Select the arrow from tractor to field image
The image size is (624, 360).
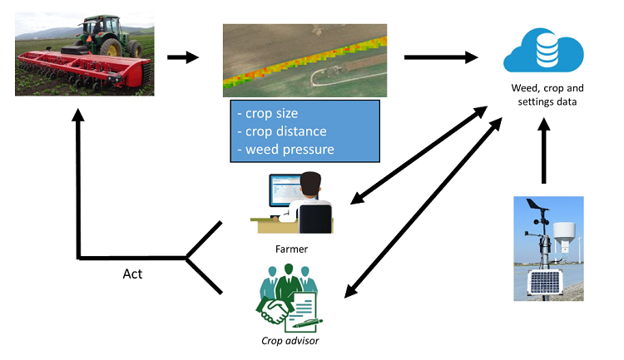click(183, 57)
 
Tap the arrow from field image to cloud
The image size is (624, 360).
click(441, 57)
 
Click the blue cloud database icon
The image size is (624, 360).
click(546, 50)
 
